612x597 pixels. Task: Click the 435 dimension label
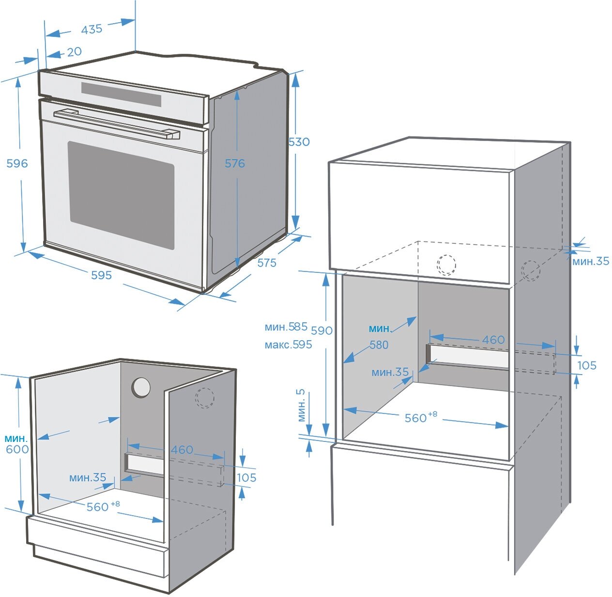coord(92,29)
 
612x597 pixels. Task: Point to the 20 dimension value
coord(74,51)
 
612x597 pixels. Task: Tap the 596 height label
coord(17,163)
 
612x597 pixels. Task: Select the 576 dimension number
coord(235,163)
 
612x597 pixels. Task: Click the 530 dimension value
coord(299,142)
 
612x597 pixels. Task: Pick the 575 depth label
coord(267,263)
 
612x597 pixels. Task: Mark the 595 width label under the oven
coord(101,275)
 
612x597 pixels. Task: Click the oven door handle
coord(116,124)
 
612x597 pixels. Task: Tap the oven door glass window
coord(121,194)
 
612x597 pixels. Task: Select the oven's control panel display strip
coord(121,94)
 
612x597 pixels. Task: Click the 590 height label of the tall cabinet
coord(321,330)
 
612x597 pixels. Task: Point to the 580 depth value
coord(379,345)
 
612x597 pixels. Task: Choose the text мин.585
coord(286,327)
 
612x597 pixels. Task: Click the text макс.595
coord(288,345)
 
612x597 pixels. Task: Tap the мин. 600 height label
coord(17,444)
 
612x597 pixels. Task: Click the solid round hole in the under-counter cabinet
coord(141,387)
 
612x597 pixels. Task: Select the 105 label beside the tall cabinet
coord(587,365)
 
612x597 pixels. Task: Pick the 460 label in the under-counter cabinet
coord(182,450)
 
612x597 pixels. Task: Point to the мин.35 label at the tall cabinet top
coord(591,261)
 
